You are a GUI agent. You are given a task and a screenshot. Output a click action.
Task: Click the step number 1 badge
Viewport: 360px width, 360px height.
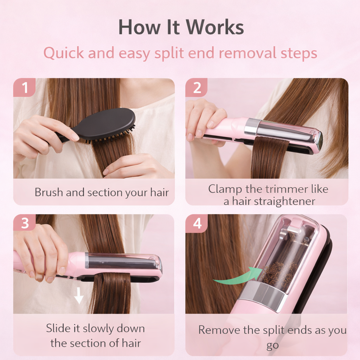click(x=24, y=87)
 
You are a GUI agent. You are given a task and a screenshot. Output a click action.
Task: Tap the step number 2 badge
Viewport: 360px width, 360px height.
click(x=197, y=87)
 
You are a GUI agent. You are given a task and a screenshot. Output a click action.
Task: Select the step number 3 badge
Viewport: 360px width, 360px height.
click(x=25, y=223)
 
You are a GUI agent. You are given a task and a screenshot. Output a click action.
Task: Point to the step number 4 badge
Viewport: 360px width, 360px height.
click(x=197, y=223)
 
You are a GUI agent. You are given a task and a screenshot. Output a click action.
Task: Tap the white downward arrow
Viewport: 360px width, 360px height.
click(x=79, y=296)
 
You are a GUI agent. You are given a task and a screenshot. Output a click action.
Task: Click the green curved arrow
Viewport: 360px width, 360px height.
click(x=239, y=276)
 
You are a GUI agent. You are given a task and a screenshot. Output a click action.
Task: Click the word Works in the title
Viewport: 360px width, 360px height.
click(x=215, y=27)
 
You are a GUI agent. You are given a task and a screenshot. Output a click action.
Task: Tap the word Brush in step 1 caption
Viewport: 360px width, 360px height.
click(x=49, y=192)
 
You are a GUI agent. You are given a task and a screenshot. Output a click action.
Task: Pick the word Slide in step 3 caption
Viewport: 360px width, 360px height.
click(x=58, y=328)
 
